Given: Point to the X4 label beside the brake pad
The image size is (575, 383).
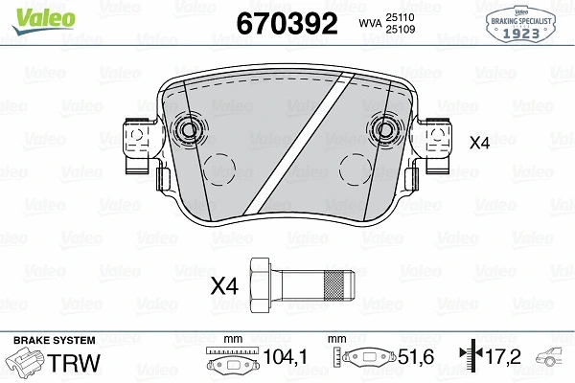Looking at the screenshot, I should click(x=479, y=144).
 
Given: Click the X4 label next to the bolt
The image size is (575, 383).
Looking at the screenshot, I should click(x=223, y=284).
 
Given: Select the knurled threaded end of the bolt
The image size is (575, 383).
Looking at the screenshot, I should click(x=337, y=284).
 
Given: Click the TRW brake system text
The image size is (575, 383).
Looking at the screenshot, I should click(x=70, y=364).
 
